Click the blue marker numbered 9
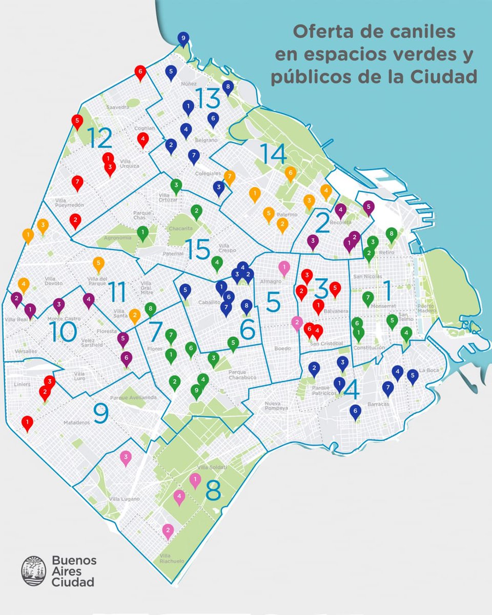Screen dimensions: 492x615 [183, 38]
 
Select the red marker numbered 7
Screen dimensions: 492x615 [77, 182]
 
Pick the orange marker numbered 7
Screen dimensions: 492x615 [229, 176]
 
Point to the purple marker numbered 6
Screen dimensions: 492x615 [126, 358]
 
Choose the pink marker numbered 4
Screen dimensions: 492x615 [179, 496]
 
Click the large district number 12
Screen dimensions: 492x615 [99, 137]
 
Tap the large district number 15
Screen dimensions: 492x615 [197, 249]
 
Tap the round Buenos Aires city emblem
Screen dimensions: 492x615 [34, 570]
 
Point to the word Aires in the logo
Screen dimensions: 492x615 [67, 571]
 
